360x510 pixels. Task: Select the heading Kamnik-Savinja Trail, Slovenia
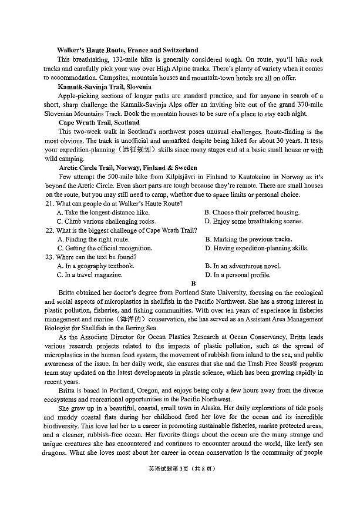click(x=105, y=87)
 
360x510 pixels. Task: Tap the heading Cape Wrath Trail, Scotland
click(x=99, y=123)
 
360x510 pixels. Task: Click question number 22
click(x=49, y=230)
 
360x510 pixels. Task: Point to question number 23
click(x=49, y=257)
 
